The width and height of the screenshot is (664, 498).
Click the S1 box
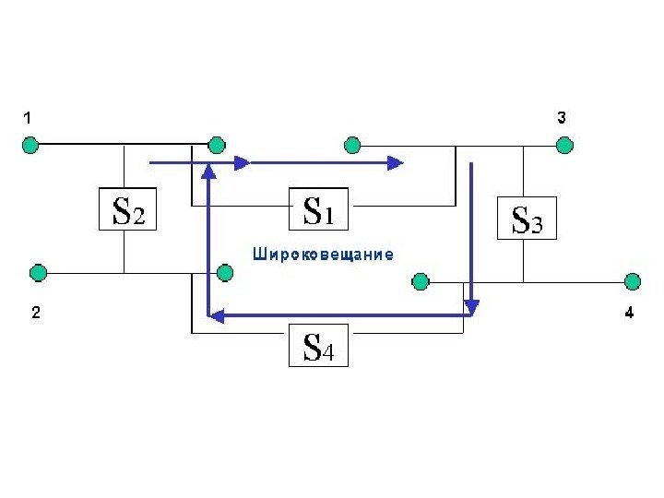(318, 211)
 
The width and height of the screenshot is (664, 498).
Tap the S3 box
(527, 219)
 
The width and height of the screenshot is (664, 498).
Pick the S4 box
(318, 347)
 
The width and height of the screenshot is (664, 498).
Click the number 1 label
(28, 118)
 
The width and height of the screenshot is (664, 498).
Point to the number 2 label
(34, 314)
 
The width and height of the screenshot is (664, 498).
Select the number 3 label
(562, 118)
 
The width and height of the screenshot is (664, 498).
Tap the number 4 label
(628, 314)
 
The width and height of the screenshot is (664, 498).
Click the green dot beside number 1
(30, 145)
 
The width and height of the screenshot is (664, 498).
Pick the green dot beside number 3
(564, 145)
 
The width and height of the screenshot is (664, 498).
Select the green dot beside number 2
(38, 273)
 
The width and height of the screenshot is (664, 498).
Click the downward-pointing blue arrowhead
(472, 304)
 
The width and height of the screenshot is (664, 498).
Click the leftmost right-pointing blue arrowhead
(243, 163)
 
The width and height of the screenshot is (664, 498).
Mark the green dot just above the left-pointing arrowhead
(224, 274)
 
